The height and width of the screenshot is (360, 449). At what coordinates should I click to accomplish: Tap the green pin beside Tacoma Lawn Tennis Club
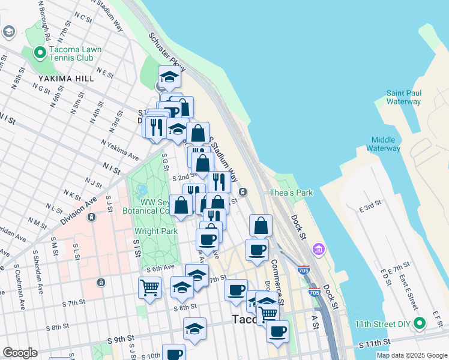tap(40, 53)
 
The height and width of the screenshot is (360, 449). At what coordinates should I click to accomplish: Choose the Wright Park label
tap(155, 231)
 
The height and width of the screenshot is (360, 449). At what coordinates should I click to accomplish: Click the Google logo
tap(20, 353)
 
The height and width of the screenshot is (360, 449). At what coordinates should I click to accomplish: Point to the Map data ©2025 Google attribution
tap(412, 355)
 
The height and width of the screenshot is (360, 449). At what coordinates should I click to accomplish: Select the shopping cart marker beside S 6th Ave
tap(149, 287)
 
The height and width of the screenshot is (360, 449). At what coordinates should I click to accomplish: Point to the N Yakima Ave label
tap(119, 151)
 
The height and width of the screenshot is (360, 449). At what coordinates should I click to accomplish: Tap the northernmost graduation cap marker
tap(170, 77)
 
